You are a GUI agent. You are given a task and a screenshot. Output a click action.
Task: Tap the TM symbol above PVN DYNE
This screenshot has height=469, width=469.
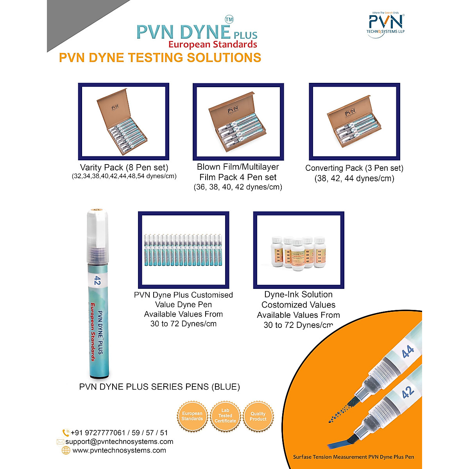coord(229,19)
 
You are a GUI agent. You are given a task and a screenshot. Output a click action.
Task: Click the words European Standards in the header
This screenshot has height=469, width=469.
coord(213,45)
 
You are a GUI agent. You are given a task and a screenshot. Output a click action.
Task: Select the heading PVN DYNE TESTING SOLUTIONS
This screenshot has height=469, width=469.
coord(160,57)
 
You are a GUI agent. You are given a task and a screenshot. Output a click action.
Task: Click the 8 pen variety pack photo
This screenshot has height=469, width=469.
coord(124,122)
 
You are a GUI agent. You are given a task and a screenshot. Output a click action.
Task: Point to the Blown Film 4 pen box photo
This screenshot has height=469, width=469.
coord(238,122)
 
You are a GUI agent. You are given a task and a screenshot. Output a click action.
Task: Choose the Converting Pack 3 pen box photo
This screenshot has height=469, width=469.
coord(354,122)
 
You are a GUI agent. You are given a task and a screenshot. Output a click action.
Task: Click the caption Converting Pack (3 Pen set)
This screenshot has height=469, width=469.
coord(354,168)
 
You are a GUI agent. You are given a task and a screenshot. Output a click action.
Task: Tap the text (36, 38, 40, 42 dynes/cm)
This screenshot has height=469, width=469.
coord(238,187)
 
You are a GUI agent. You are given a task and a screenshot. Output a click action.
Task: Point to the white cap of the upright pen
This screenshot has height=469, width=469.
coord(96,227)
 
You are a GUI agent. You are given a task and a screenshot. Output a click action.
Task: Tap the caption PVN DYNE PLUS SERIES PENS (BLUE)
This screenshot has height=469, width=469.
coord(159,387)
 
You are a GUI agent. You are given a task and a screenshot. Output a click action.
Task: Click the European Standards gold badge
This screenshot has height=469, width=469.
coord(192,416)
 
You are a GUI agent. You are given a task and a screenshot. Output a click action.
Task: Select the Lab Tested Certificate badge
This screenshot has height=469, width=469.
coord(225,416)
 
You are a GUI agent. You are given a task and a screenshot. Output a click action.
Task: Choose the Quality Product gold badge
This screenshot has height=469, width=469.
coord(258,416)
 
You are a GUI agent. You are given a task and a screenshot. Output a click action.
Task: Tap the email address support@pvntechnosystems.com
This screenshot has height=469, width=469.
coord(119,442)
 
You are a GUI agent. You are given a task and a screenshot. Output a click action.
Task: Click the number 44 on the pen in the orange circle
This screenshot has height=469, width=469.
coord(408,352)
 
